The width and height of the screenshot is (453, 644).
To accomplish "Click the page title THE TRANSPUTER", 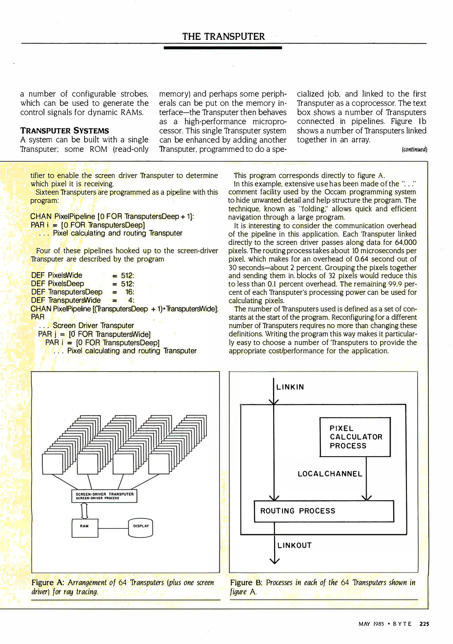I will (x=223, y=36).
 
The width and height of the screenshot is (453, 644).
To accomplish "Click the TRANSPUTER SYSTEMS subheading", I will (x=64, y=131).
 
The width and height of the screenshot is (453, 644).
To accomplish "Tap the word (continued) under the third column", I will (x=414, y=149).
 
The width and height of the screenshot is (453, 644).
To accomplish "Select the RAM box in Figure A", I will (x=85, y=528).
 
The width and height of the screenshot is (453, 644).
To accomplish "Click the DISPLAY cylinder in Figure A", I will (x=141, y=528).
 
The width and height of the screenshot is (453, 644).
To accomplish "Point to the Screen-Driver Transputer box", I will (x=104, y=496).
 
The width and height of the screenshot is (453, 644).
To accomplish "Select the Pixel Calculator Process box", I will (x=355, y=437).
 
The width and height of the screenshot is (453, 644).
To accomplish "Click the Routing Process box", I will (x=323, y=511).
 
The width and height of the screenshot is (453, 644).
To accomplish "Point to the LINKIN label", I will (x=290, y=387).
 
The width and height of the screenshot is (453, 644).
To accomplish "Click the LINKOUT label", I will (x=294, y=545).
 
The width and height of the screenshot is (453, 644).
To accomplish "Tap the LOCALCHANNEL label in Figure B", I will (x=330, y=474).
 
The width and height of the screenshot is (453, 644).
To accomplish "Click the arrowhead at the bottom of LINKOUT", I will (x=274, y=561).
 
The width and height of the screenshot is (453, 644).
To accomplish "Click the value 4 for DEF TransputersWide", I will (x=131, y=300).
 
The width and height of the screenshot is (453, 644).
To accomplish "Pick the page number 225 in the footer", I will (x=424, y=624).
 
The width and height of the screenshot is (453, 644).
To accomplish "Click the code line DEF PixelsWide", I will (x=57, y=275).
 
